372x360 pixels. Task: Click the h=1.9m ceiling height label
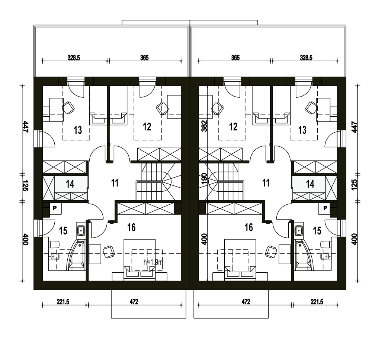[x=154, y=262]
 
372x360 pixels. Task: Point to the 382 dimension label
[x=204, y=126]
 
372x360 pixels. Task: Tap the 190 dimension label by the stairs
[x=204, y=179]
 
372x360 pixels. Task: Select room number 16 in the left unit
[x=131, y=227]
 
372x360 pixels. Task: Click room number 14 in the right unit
[x=310, y=184]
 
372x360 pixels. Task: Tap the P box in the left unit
[x=55, y=208]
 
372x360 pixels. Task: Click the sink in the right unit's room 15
[x=299, y=230]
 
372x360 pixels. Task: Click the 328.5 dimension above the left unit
[x=74, y=58]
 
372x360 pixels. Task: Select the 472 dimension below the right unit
[x=246, y=302]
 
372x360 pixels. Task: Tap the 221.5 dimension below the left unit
[x=63, y=302]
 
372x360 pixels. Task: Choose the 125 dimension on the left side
[x=25, y=185]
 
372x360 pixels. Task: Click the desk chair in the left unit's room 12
[x=163, y=109]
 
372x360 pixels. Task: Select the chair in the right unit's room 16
[x=271, y=252]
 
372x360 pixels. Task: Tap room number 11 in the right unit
[x=266, y=183]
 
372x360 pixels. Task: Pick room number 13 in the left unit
[x=78, y=130]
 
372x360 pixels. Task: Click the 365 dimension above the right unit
[x=235, y=58]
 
